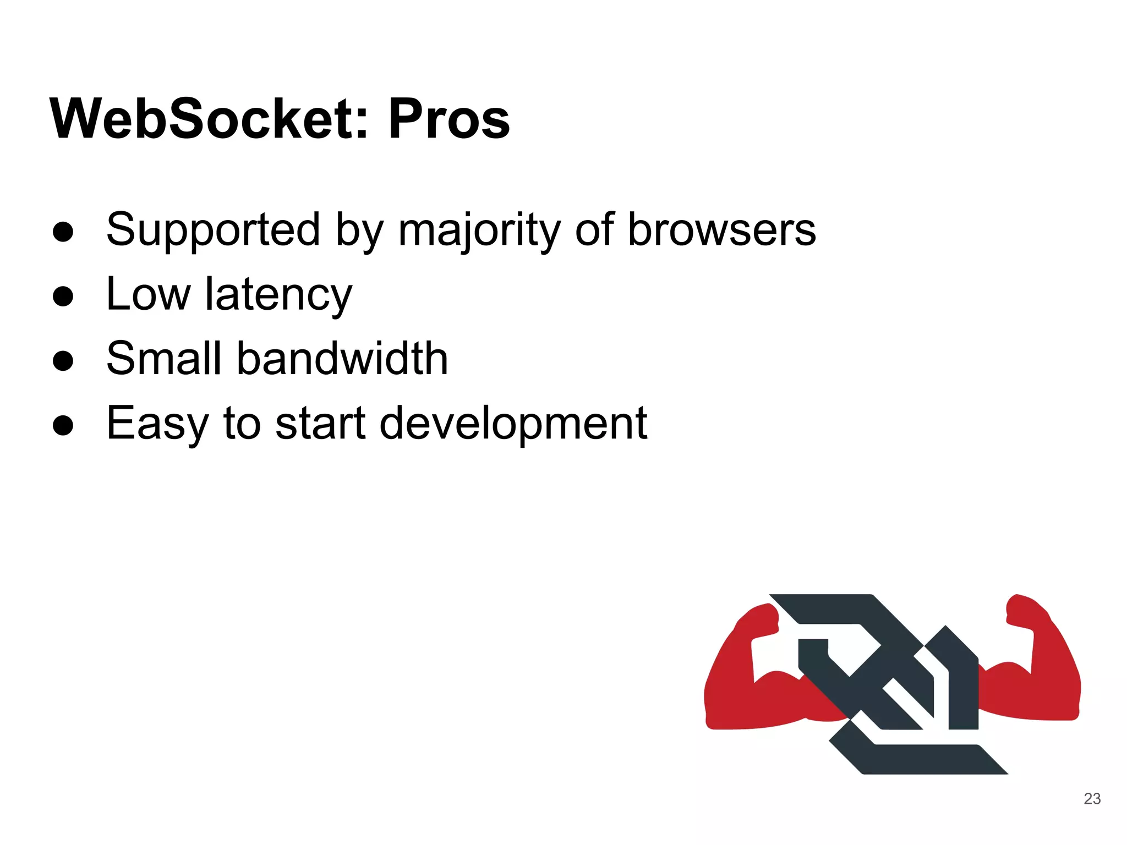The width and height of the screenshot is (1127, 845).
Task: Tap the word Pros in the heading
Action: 449,119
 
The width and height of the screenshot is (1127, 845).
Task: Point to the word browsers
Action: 721,230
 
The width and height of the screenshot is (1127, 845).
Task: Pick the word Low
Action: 148,295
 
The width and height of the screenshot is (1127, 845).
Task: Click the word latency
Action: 278,295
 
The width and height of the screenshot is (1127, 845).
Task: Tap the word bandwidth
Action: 342,359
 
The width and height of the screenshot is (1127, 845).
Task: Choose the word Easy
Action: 157,424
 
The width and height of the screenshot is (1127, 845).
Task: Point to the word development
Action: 513,424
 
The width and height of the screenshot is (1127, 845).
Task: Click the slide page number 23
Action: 1092,799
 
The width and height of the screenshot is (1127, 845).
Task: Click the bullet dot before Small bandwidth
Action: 63,361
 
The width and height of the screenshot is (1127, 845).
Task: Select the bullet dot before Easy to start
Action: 63,425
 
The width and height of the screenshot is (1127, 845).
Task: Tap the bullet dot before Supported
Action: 63,232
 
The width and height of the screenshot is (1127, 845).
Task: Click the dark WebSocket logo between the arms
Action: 891,682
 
